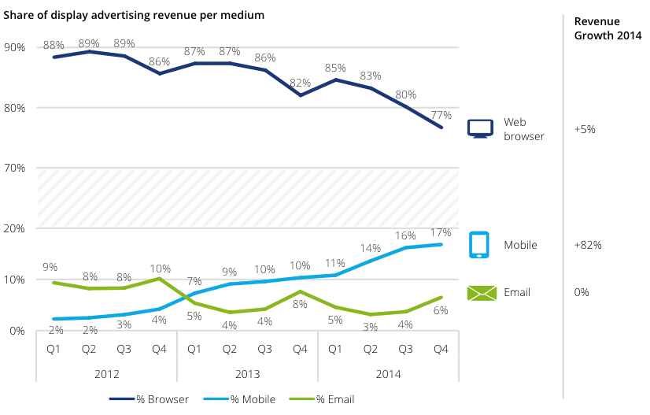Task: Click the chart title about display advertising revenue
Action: [134, 15]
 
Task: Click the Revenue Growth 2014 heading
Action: [608, 28]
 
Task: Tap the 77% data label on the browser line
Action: [441, 115]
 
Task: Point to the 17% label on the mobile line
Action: [441, 232]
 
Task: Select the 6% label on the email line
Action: [441, 310]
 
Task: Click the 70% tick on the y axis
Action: [15, 168]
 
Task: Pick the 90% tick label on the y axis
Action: [15, 47]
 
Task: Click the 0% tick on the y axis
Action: [17, 331]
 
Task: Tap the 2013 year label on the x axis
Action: [247, 374]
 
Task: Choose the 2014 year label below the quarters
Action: [388, 374]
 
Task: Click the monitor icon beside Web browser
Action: [480, 128]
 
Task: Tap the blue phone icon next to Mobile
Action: [480, 245]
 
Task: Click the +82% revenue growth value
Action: [588, 245]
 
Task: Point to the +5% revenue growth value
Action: [585, 128]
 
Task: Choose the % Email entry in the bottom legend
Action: [335, 399]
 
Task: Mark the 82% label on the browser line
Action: [300, 83]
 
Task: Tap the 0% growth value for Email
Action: [582, 292]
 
